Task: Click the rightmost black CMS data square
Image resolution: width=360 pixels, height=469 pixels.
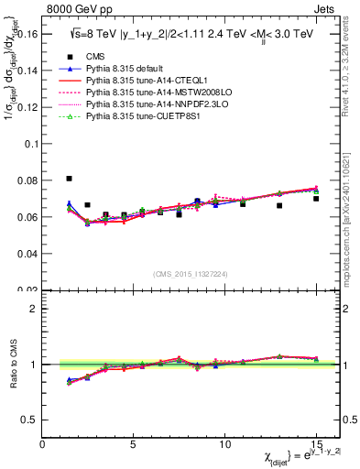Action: point(316,199)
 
